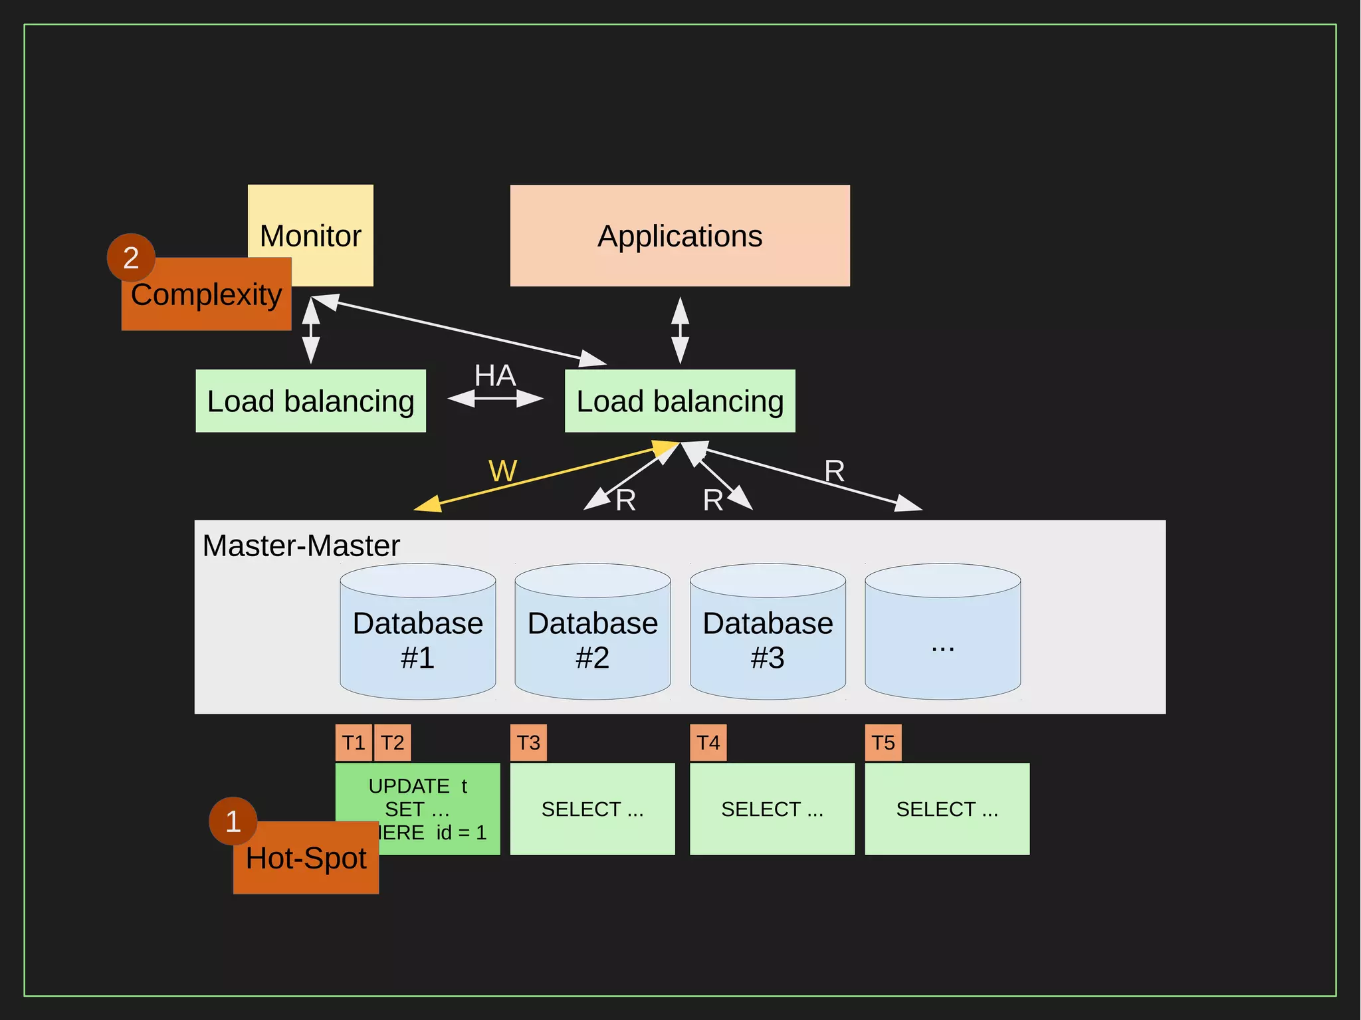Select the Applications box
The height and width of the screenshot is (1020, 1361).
click(x=680, y=236)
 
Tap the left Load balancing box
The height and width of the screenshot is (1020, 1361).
click(x=310, y=401)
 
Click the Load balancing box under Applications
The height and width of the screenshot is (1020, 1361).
click(x=680, y=401)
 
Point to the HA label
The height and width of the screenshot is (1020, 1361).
click(x=495, y=376)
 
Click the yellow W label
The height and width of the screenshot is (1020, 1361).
click(x=502, y=471)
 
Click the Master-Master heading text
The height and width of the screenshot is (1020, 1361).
click(x=301, y=546)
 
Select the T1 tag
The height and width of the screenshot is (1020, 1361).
click(x=354, y=743)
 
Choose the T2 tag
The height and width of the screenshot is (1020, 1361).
click(x=393, y=743)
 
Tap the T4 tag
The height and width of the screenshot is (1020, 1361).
click(x=708, y=743)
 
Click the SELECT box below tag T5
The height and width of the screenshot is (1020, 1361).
click(x=947, y=809)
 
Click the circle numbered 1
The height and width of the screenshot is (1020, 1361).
click(x=233, y=821)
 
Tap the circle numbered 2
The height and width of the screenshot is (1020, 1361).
click(x=131, y=257)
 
